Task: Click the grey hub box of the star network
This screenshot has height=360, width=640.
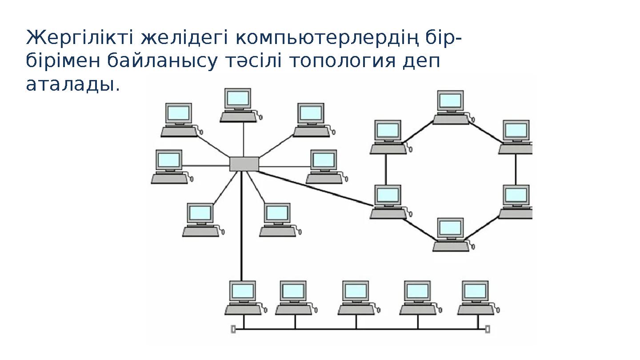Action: [244, 164]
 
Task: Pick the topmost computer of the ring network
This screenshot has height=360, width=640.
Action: [451, 107]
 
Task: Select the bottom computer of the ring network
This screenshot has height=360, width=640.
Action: [451, 234]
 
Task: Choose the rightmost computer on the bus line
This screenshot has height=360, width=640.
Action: [476, 297]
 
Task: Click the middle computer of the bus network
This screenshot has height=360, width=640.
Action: [356, 297]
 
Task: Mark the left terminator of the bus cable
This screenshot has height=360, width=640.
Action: [233, 329]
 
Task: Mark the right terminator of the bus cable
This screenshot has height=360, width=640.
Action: [488, 329]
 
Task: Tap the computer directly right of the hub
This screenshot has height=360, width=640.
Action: [324, 166]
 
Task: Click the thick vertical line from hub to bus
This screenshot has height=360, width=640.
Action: [242, 231]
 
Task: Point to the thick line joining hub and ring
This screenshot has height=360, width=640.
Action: [316, 188]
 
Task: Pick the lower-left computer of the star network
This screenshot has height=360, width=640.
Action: [200, 219]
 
